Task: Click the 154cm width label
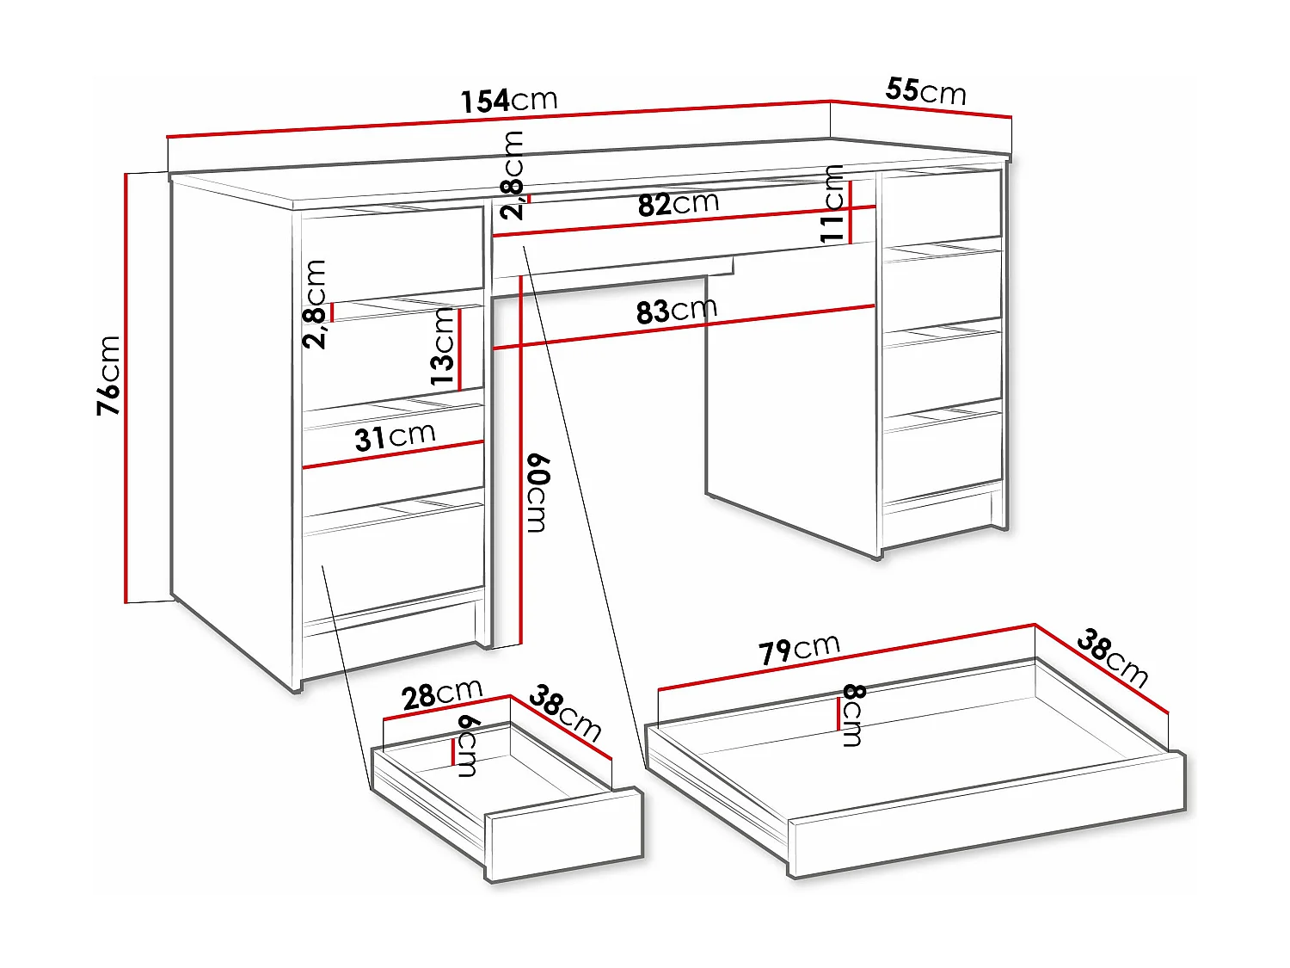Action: pos(509,101)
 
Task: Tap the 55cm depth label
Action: pos(925,90)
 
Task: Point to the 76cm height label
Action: pos(109,376)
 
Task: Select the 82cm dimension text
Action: pos(679,204)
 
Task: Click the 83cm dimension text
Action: pos(677,311)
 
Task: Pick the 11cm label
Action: pos(832,204)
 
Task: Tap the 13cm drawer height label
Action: pos(442,346)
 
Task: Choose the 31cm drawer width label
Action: pos(395,437)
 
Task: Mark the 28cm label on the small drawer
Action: pos(442,694)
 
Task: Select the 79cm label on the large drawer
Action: pos(799,649)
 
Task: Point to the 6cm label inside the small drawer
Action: pos(469,745)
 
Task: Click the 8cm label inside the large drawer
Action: pos(853,715)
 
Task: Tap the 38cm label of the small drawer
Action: pos(565,712)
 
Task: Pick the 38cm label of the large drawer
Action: pos(1112,658)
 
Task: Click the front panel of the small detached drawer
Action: pos(565,835)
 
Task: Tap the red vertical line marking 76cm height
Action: pos(126,387)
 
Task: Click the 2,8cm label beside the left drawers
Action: pos(315,304)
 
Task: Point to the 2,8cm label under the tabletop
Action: pos(513,176)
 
